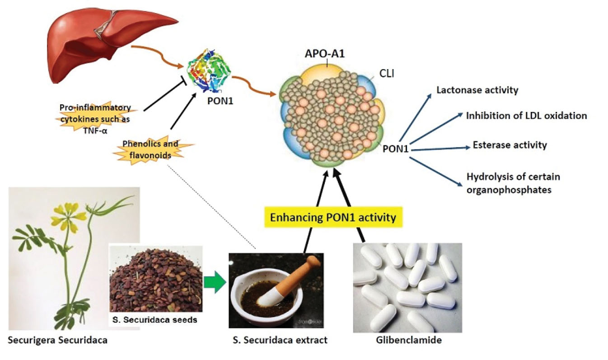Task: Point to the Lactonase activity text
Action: click(477, 90)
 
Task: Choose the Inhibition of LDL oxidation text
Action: click(526, 116)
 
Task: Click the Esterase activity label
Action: click(510, 145)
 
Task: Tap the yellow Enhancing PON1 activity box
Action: click(332, 217)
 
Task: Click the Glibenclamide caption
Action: click(408, 340)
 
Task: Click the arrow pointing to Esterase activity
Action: click(440, 148)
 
